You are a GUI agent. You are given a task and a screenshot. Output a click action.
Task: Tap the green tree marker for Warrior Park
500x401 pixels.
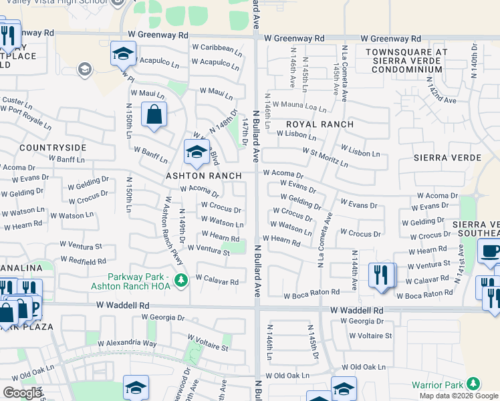[x=473, y=383]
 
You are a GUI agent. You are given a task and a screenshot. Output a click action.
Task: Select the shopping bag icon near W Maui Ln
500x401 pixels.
[x=154, y=115]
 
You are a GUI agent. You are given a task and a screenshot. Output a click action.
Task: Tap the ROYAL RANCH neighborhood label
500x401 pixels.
[x=314, y=125]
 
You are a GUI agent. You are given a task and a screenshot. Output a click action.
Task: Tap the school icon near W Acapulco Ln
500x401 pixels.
[x=123, y=54]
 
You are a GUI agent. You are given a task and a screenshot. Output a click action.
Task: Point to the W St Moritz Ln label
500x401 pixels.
[x=325, y=158]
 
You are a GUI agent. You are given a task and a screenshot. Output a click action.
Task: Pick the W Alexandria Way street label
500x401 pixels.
[x=127, y=344]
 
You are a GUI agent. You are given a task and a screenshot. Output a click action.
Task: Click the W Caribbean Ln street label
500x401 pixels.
[x=217, y=48]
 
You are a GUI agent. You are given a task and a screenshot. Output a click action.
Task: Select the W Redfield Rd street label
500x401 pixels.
[x=83, y=260]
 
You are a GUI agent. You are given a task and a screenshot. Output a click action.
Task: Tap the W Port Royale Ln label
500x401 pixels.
[x=27, y=116]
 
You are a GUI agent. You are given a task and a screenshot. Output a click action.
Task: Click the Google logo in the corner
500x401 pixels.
[x=22, y=393]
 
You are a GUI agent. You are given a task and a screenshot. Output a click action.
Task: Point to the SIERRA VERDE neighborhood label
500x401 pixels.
[x=447, y=158]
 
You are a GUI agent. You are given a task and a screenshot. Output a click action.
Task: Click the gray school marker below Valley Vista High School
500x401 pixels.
[x=85, y=68]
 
